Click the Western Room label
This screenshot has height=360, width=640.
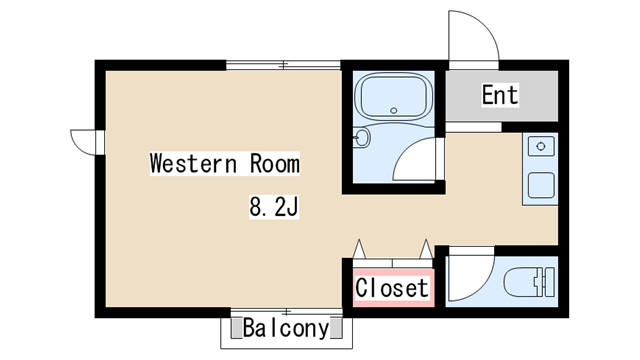point(224,163)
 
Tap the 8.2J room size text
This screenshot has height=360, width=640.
point(275,208)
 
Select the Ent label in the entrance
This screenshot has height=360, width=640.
point(500,96)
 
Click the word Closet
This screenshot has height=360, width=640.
point(392,288)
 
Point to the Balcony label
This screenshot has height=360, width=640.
point(285,328)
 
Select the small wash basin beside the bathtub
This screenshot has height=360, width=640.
point(362,137)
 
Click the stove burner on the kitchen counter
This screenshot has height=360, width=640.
point(541,148)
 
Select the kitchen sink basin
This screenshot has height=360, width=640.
point(541,185)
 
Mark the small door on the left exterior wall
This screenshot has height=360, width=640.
point(84,141)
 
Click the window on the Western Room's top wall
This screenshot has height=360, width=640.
point(283,66)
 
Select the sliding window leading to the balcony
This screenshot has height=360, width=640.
point(287,311)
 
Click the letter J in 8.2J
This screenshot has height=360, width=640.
point(295,208)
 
